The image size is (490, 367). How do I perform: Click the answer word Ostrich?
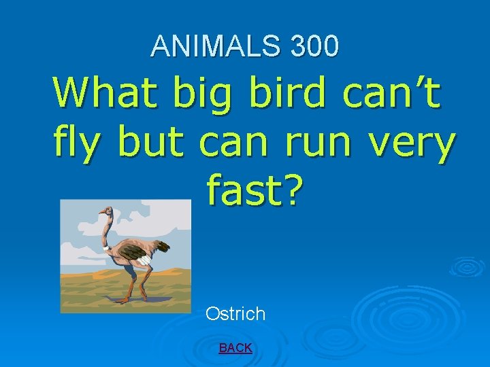[x=235, y=314]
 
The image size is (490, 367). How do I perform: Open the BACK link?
[x=235, y=348]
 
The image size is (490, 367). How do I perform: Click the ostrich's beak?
[x=99, y=213]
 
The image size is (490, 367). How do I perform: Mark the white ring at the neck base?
[x=106, y=249]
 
